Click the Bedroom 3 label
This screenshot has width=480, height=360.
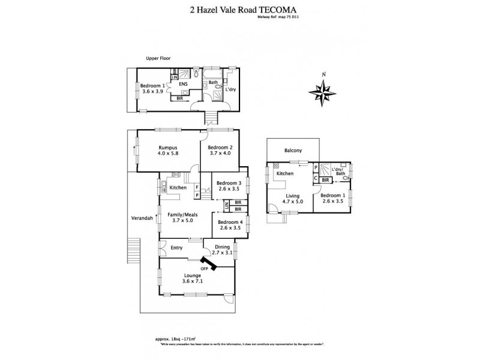(x=229, y=187)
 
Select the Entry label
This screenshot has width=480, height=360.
(x=176, y=247)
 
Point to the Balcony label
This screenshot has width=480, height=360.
(x=293, y=151)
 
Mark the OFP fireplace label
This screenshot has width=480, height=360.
(x=212, y=267)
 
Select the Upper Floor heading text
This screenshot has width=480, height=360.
(x=158, y=58)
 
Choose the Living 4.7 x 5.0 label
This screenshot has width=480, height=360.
(x=292, y=199)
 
